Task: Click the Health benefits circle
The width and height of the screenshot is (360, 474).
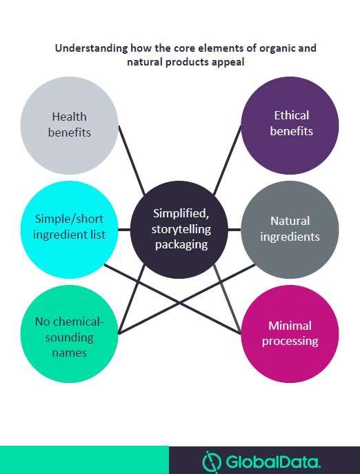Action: click(69, 126)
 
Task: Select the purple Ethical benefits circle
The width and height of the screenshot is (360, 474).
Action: click(290, 126)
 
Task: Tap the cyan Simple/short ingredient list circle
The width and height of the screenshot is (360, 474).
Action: click(69, 230)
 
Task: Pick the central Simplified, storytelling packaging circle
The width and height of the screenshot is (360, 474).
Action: click(179, 230)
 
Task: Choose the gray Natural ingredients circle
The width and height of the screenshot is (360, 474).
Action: click(290, 230)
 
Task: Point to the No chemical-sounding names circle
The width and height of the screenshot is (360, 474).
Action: click(69, 334)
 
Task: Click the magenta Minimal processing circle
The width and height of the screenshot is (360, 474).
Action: click(290, 334)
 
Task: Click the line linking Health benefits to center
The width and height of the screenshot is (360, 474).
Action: click(132, 161)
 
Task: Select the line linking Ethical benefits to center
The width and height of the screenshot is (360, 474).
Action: click(228, 161)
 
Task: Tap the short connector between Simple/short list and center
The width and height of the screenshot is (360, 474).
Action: click(124, 230)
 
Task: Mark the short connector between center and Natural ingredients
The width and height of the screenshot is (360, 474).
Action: click(234, 230)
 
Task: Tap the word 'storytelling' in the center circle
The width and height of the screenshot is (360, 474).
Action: click(181, 229)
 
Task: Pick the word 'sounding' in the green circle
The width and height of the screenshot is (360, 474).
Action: click(69, 337)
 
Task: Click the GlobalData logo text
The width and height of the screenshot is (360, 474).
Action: click(273, 462)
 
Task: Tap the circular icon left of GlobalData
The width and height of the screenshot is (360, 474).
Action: click(211, 462)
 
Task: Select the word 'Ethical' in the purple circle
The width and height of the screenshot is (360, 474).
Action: click(292, 115)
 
